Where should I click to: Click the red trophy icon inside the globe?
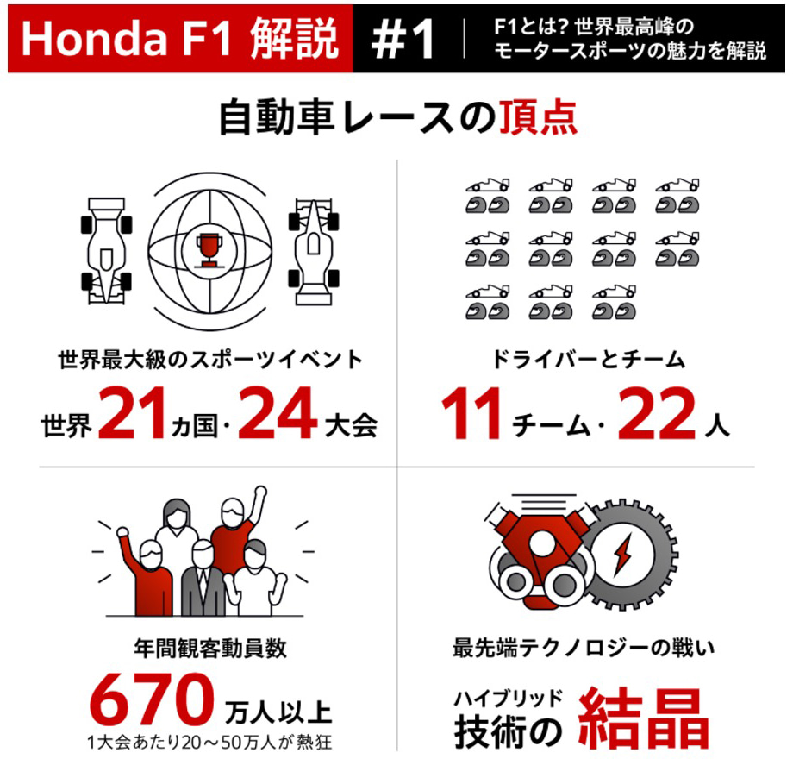click(209, 250)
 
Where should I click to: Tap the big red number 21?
click(132, 412)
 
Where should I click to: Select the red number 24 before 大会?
click(278, 412)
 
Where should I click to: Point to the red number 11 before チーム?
click(471, 412)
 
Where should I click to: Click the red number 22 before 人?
click(657, 412)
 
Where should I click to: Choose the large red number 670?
click(152, 699)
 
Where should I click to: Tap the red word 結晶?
click(643, 718)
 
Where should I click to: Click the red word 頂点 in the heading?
click(538, 117)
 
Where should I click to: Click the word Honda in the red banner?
click(94, 39)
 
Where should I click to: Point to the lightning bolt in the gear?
click(621, 555)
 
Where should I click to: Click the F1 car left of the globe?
click(106, 250)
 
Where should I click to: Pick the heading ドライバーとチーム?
click(588, 360)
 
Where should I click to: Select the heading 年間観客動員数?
click(210, 649)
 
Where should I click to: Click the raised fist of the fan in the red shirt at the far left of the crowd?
click(122, 532)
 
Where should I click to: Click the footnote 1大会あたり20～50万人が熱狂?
click(209, 743)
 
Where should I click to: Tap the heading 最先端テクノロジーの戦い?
click(584, 649)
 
